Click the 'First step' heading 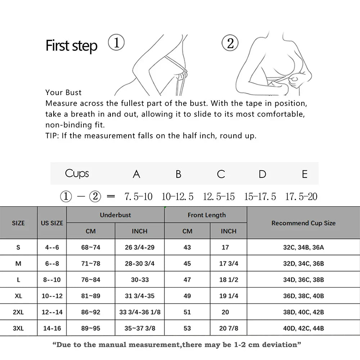coord(71,46)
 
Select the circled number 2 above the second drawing coord(230,43)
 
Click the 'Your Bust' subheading coord(63,93)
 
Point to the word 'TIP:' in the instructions coord(53,136)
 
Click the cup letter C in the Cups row coord(221,174)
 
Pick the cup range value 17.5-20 coord(301,197)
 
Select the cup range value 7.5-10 coord(138,197)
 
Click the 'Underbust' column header coord(115,215)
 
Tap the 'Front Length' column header coord(207,215)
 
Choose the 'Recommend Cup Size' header coord(303,223)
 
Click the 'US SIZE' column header coord(52,223)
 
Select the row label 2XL coord(18,312)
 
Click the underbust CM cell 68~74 coord(91,247)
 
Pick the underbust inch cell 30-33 coord(140,280)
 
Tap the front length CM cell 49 coord(187,296)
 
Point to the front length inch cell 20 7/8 coord(229,328)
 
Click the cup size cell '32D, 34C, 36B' coord(303,264)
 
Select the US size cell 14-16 coord(52,328)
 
